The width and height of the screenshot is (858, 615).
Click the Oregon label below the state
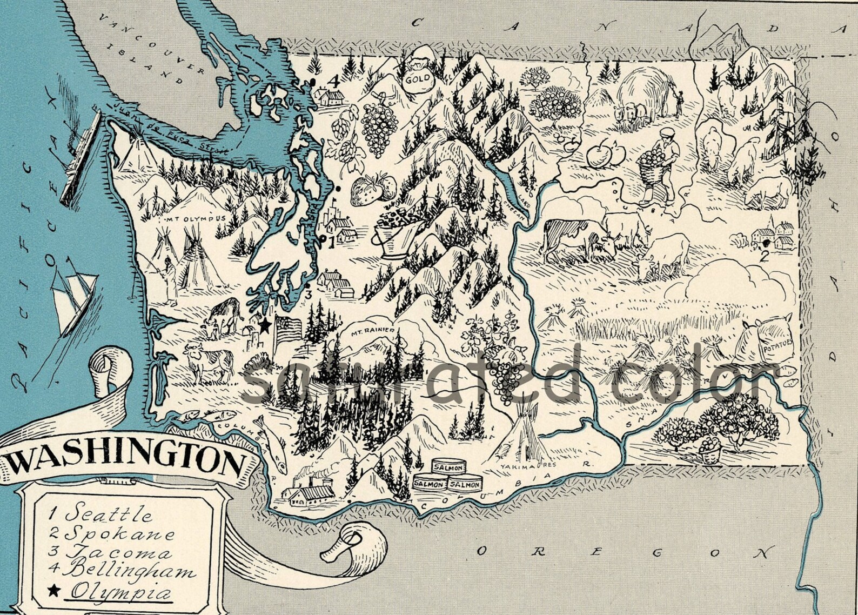pyautogui.click(x=621, y=552)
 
